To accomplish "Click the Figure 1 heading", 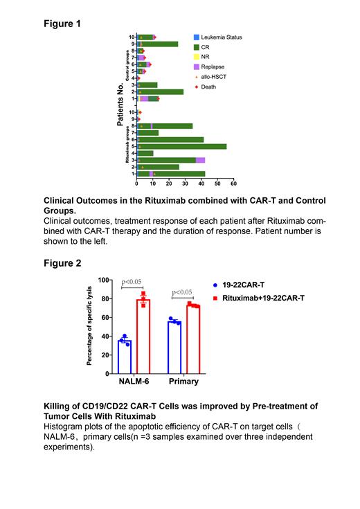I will click(x=62, y=24).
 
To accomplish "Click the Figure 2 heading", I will click(x=62, y=263).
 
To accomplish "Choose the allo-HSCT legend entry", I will click(x=215, y=77).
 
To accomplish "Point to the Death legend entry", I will click(x=210, y=87).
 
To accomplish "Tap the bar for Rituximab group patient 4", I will click(x=145, y=153).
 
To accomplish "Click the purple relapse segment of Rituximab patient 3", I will click(x=200, y=160).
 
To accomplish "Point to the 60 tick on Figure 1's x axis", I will click(x=233, y=184).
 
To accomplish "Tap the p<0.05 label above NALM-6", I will click(x=132, y=282).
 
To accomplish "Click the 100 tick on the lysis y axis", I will click(x=105, y=280).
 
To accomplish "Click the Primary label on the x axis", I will click(x=183, y=381).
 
